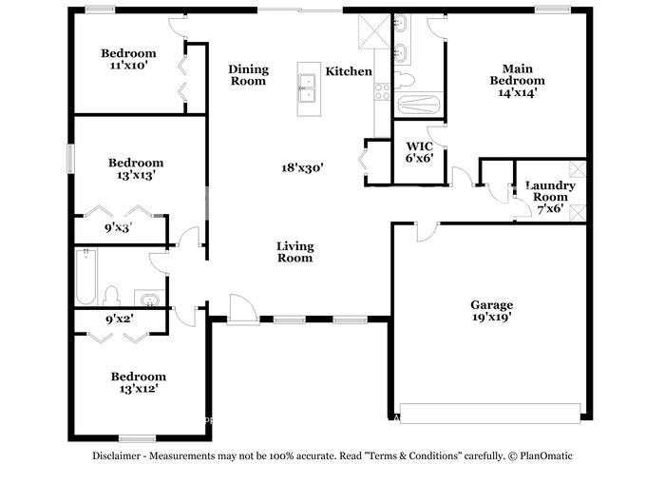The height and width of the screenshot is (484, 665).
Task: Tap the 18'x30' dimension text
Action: (x=303, y=167)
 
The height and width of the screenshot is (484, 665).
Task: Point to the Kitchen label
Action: (x=349, y=71)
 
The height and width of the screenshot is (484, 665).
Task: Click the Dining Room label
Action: (x=249, y=75)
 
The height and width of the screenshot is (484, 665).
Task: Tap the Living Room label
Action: (x=295, y=252)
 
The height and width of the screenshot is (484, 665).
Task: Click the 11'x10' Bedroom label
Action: (x=128, y=59)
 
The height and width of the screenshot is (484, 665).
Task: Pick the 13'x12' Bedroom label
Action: (x=139, y=382)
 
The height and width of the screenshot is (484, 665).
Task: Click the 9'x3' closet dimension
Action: (x=119, y=228)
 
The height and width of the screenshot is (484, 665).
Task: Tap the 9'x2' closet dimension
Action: (x=120, y=318)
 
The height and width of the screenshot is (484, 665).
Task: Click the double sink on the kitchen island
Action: (x=308, y=88)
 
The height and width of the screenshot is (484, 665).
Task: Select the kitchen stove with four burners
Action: (x=382, y=91)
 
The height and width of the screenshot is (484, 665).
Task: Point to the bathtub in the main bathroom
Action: (x=420, y=105)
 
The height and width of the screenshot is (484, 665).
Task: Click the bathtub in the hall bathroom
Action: (x=86, y=277)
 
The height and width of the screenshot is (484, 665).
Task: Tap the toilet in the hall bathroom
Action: (x=111, y=296)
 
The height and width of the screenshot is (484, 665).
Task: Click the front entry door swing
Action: (x=242, y=309)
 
